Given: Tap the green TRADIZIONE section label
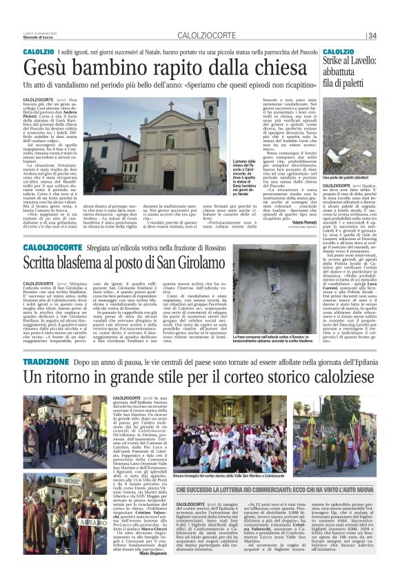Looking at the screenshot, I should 46,362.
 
